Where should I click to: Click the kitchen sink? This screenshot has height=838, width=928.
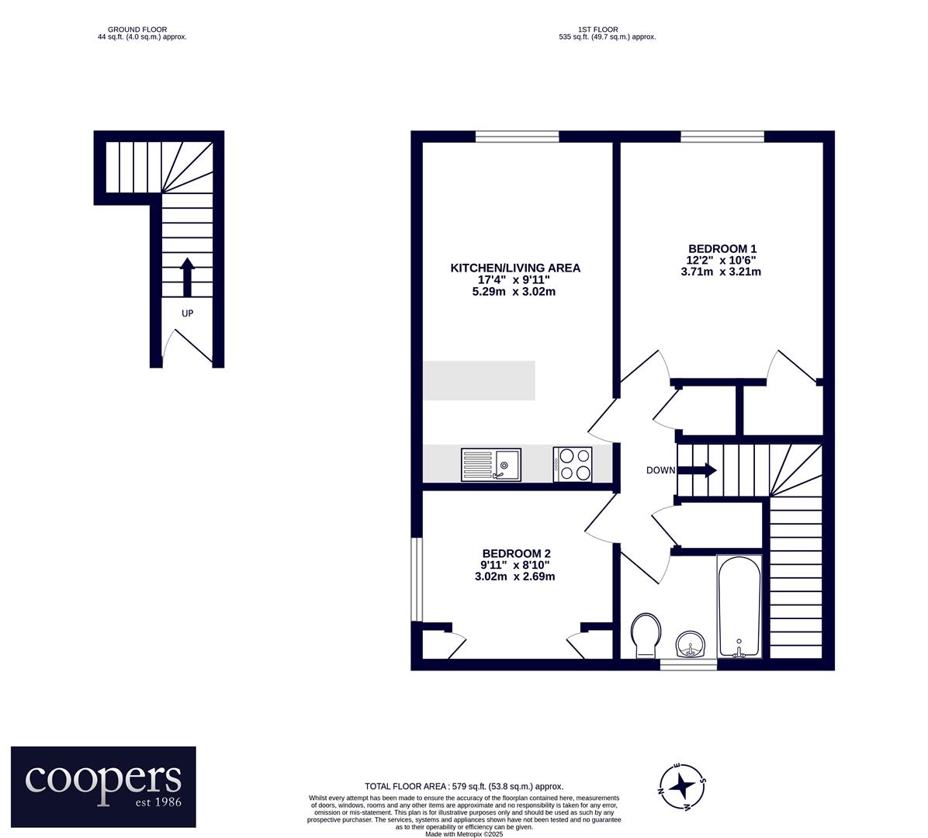[491, 465]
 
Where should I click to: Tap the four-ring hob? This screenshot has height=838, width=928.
[573, 465]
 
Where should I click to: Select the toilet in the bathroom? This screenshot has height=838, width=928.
[646, 635]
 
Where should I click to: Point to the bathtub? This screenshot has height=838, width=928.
[739, 606]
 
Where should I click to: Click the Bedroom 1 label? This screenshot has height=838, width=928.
[722, 249]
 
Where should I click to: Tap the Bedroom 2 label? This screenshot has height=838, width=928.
[516, 554]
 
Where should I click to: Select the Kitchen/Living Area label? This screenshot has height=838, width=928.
[515, 268]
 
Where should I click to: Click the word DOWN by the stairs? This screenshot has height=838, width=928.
[660, 470]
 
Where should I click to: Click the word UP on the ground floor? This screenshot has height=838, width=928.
[187, 313]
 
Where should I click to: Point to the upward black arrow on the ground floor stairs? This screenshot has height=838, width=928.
[187, 277]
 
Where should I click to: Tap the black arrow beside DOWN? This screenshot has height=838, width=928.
[697, 470]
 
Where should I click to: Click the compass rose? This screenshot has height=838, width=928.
[682, 786]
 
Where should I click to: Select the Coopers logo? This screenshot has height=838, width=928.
[103, 787]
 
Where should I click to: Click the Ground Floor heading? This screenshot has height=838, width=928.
[137, 29]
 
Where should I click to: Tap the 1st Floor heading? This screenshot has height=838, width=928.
[598, 29]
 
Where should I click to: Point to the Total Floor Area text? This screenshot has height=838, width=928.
[464, 787]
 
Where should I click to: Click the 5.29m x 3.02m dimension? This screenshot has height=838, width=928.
[514, 292]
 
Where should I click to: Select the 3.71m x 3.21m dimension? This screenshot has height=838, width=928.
[721, 272]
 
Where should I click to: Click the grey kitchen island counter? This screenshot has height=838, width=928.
[479, 380]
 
